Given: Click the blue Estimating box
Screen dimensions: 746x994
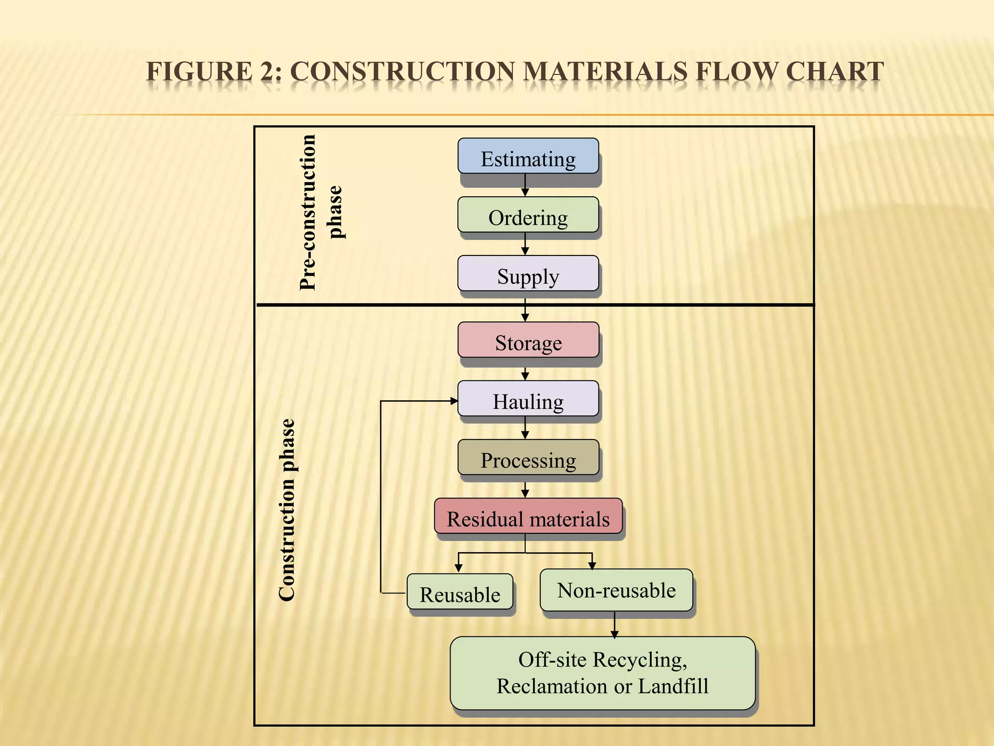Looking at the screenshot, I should [x=528, y=156].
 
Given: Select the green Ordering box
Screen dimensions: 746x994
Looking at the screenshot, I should [x=528, y=215].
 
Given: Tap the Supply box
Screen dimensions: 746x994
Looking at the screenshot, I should [x=528, y=273].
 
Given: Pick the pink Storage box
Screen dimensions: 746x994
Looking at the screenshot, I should [x=528, y=340].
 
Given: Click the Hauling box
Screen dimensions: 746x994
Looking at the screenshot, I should [x=528, y=399].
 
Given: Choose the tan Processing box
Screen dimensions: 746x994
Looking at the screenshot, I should [x=528, y=458].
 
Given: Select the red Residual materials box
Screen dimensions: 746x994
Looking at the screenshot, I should [x=528, y=516].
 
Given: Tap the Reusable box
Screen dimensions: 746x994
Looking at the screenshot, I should [x=460, y=592].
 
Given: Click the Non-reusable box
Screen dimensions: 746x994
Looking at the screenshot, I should [x=616, y=590].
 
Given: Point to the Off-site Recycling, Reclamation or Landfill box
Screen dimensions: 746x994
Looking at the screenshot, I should [x=602, y=673].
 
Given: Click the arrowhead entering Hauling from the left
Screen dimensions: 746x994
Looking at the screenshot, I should [x=453, y=401].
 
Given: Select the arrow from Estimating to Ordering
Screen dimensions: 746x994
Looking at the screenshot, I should [x=525, y=186].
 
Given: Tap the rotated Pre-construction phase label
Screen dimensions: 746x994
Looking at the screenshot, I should [x=320, y=213].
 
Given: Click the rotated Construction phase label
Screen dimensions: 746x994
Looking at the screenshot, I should [x=287, y=510].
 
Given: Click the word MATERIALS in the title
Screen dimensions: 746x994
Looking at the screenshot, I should [x=605, y=72].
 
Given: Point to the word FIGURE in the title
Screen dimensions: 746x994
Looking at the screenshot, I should [x=199, y=72].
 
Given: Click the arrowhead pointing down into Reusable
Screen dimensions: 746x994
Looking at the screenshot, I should [x=459, y=568].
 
